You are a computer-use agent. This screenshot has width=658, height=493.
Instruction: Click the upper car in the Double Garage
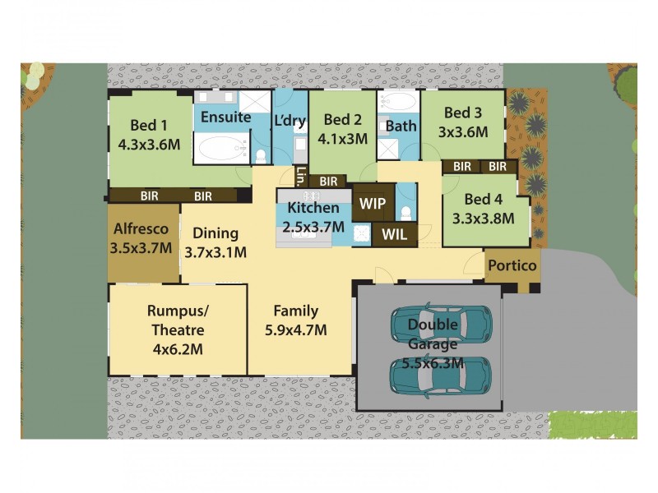click(x=441, y=324)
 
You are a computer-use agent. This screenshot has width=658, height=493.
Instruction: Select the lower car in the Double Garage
click(x=441, y=376)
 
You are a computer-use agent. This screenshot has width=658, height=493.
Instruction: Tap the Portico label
click(x=512, y=265)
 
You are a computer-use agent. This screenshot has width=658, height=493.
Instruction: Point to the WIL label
click(x=394, y=234)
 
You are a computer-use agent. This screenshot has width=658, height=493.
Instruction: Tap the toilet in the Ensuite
click(x=260, y=155)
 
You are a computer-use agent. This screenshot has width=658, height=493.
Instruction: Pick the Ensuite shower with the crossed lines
click(x=255, y=104)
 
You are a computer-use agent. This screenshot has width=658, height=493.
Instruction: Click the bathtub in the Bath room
click(x=401, y=103)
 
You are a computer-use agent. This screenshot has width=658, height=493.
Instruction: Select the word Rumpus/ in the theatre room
click(x=175, y=311)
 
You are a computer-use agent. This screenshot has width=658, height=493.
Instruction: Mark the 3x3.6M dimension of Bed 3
click(x=463, y=131)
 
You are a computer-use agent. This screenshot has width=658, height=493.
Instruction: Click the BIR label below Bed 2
click(x=328, y=182)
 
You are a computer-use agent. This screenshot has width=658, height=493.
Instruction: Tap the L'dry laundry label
click(x=289, y=120)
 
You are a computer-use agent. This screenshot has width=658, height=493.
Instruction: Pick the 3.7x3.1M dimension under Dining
click(x=214, y=252)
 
